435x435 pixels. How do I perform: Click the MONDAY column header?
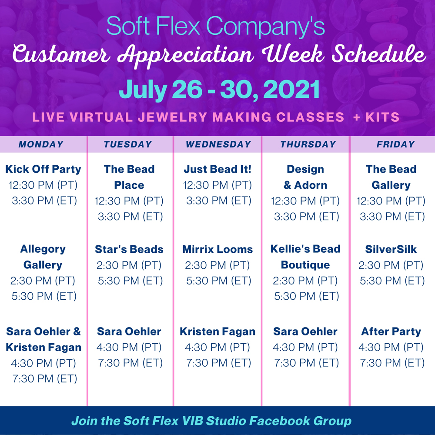coord(41,144)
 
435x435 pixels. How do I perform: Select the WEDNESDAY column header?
coord(218,144)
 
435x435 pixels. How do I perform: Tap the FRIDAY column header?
coord(395,144)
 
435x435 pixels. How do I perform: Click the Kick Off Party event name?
coord(43,169)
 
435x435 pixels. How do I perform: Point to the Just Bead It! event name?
coord(217,169)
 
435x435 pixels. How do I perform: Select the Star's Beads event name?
coord(129,249)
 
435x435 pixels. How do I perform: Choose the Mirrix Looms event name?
coord(217,249)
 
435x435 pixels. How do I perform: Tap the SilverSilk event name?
coord(391,249)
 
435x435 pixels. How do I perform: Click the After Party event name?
coord(391,331)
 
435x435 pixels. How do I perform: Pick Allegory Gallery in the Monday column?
coord(43,257)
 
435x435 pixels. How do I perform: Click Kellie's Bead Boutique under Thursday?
coord(305,257)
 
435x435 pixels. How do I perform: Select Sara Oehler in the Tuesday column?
coord(129,331)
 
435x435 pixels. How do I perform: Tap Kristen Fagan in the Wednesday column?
coord(217,331)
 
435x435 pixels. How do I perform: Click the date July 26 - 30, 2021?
coord(219,90)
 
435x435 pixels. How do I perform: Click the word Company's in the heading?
coord(265,26)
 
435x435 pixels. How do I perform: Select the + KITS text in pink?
coord(376,117)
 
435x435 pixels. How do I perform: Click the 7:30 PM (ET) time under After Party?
coord(392,363)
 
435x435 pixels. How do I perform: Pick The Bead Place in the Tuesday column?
coord(129,177)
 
